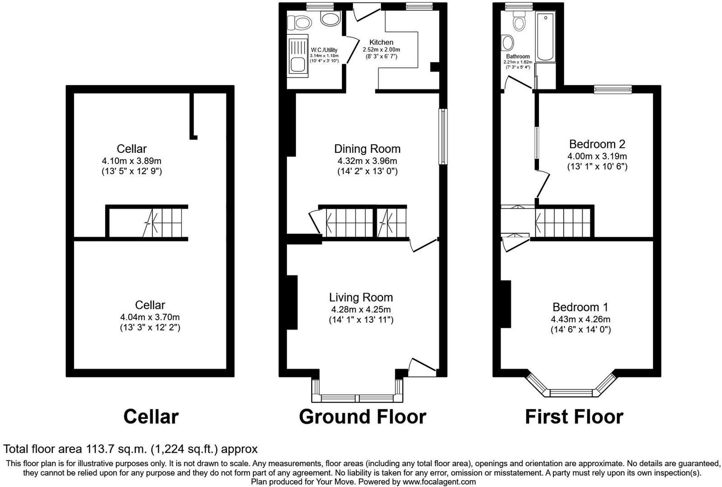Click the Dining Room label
click(367, 149)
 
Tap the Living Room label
click(361, 297)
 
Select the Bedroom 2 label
click(597, 144)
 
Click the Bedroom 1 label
click(580, 307)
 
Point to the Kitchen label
click(382, 42)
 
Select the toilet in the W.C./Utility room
click(300, 22)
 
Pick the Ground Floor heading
click(362, 417)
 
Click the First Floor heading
click(574, 417)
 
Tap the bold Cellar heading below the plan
click(151, 417)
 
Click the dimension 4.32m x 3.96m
click(367, 161)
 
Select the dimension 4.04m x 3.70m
click(150, 317)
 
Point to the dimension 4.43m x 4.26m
click(580, 319)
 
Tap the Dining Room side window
click(443, 137)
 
